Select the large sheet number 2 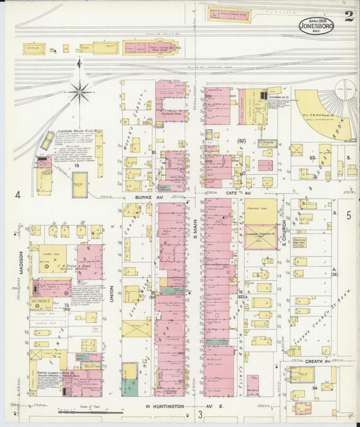point(348,16)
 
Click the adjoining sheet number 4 point(19,196)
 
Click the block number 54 point(315,388)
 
